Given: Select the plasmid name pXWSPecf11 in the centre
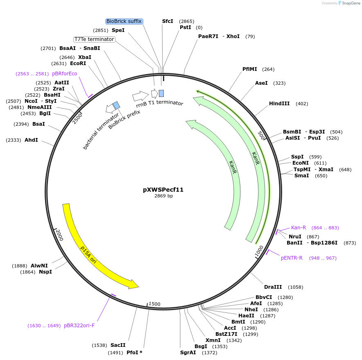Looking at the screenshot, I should [x=163, y=190].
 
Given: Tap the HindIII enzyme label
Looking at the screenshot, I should [x=279, y=104].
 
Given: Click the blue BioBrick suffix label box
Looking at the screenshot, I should [x=124, y=21].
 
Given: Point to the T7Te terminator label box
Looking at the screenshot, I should [x=94, y=39].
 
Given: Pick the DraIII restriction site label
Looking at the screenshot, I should [x=272, y=287].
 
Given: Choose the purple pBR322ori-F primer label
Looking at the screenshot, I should [x=79, y=326].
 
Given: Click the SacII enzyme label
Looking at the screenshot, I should [x=118, y=345].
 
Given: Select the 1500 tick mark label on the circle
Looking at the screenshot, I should [x=154, y=304].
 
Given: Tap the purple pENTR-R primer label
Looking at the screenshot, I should [x=292, y=258].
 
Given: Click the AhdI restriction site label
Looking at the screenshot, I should [x=31, y=140].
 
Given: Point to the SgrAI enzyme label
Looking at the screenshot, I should [x=187, y=353].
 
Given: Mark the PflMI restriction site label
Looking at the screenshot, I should [x=250, y=69].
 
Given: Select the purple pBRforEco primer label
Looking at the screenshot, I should [x=64, y=74].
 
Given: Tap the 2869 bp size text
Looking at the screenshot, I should [x=163, y=196].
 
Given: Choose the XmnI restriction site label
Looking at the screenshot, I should [x=213, y=340].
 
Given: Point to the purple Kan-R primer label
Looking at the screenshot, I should [x=299, y=228].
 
